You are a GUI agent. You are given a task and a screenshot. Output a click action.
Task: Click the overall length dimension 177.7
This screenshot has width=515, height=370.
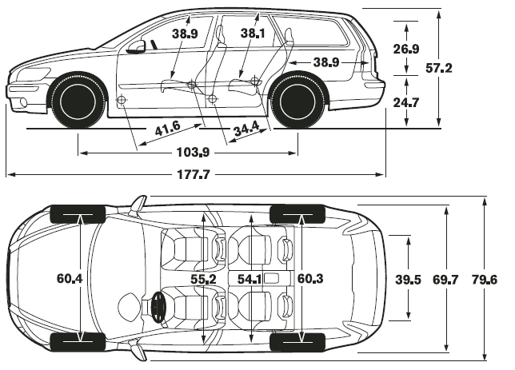pos(194,174)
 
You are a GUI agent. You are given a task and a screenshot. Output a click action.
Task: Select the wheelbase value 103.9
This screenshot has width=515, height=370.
pos(194,153)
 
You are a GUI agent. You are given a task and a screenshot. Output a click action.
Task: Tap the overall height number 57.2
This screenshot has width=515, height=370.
pos(439,68)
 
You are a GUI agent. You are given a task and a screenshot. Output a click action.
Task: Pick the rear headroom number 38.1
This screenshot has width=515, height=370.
pos(253,33)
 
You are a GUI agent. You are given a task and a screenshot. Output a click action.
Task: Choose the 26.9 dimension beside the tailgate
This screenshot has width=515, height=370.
pos(406,49)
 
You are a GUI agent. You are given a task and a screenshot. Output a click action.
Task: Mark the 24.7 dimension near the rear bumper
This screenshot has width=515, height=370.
pos(406,103)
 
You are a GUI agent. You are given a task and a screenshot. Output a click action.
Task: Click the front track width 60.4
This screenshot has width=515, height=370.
pos(70,279)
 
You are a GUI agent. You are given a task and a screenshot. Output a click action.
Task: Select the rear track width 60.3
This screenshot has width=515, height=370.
pos(310,279)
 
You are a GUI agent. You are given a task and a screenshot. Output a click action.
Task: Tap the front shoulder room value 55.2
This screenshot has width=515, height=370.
pos(204,280)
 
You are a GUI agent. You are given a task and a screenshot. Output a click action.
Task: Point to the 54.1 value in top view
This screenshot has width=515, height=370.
pos(250,280)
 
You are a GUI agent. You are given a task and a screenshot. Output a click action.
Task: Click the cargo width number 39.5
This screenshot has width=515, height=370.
pos(409,280)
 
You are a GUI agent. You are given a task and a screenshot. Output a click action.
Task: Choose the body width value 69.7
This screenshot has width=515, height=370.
pos(445,280)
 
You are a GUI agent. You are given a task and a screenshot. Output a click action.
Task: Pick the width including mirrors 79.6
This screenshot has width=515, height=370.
pos(485,280)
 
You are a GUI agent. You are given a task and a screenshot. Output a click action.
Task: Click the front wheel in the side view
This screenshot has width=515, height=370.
pos(78,101)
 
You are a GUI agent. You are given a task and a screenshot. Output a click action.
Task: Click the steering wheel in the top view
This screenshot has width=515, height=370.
pos(158,307)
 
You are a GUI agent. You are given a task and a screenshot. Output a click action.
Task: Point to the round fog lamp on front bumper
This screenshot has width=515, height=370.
pos(23,102)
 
